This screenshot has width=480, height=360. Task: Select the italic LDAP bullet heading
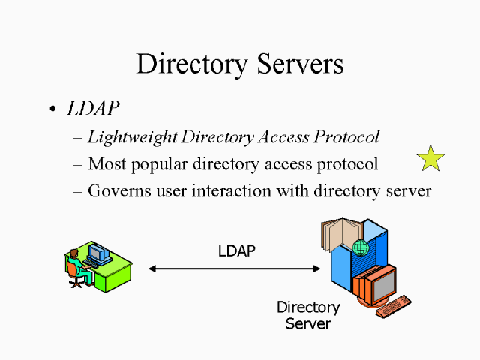92,109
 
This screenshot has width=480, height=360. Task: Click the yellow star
430,158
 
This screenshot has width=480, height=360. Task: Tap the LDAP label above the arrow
236,251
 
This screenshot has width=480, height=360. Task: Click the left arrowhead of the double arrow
152,268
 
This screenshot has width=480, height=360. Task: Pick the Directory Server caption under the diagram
308,316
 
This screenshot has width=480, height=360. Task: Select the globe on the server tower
361,247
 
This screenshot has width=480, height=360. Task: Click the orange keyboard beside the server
394,306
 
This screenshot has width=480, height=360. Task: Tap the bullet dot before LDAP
52,109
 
